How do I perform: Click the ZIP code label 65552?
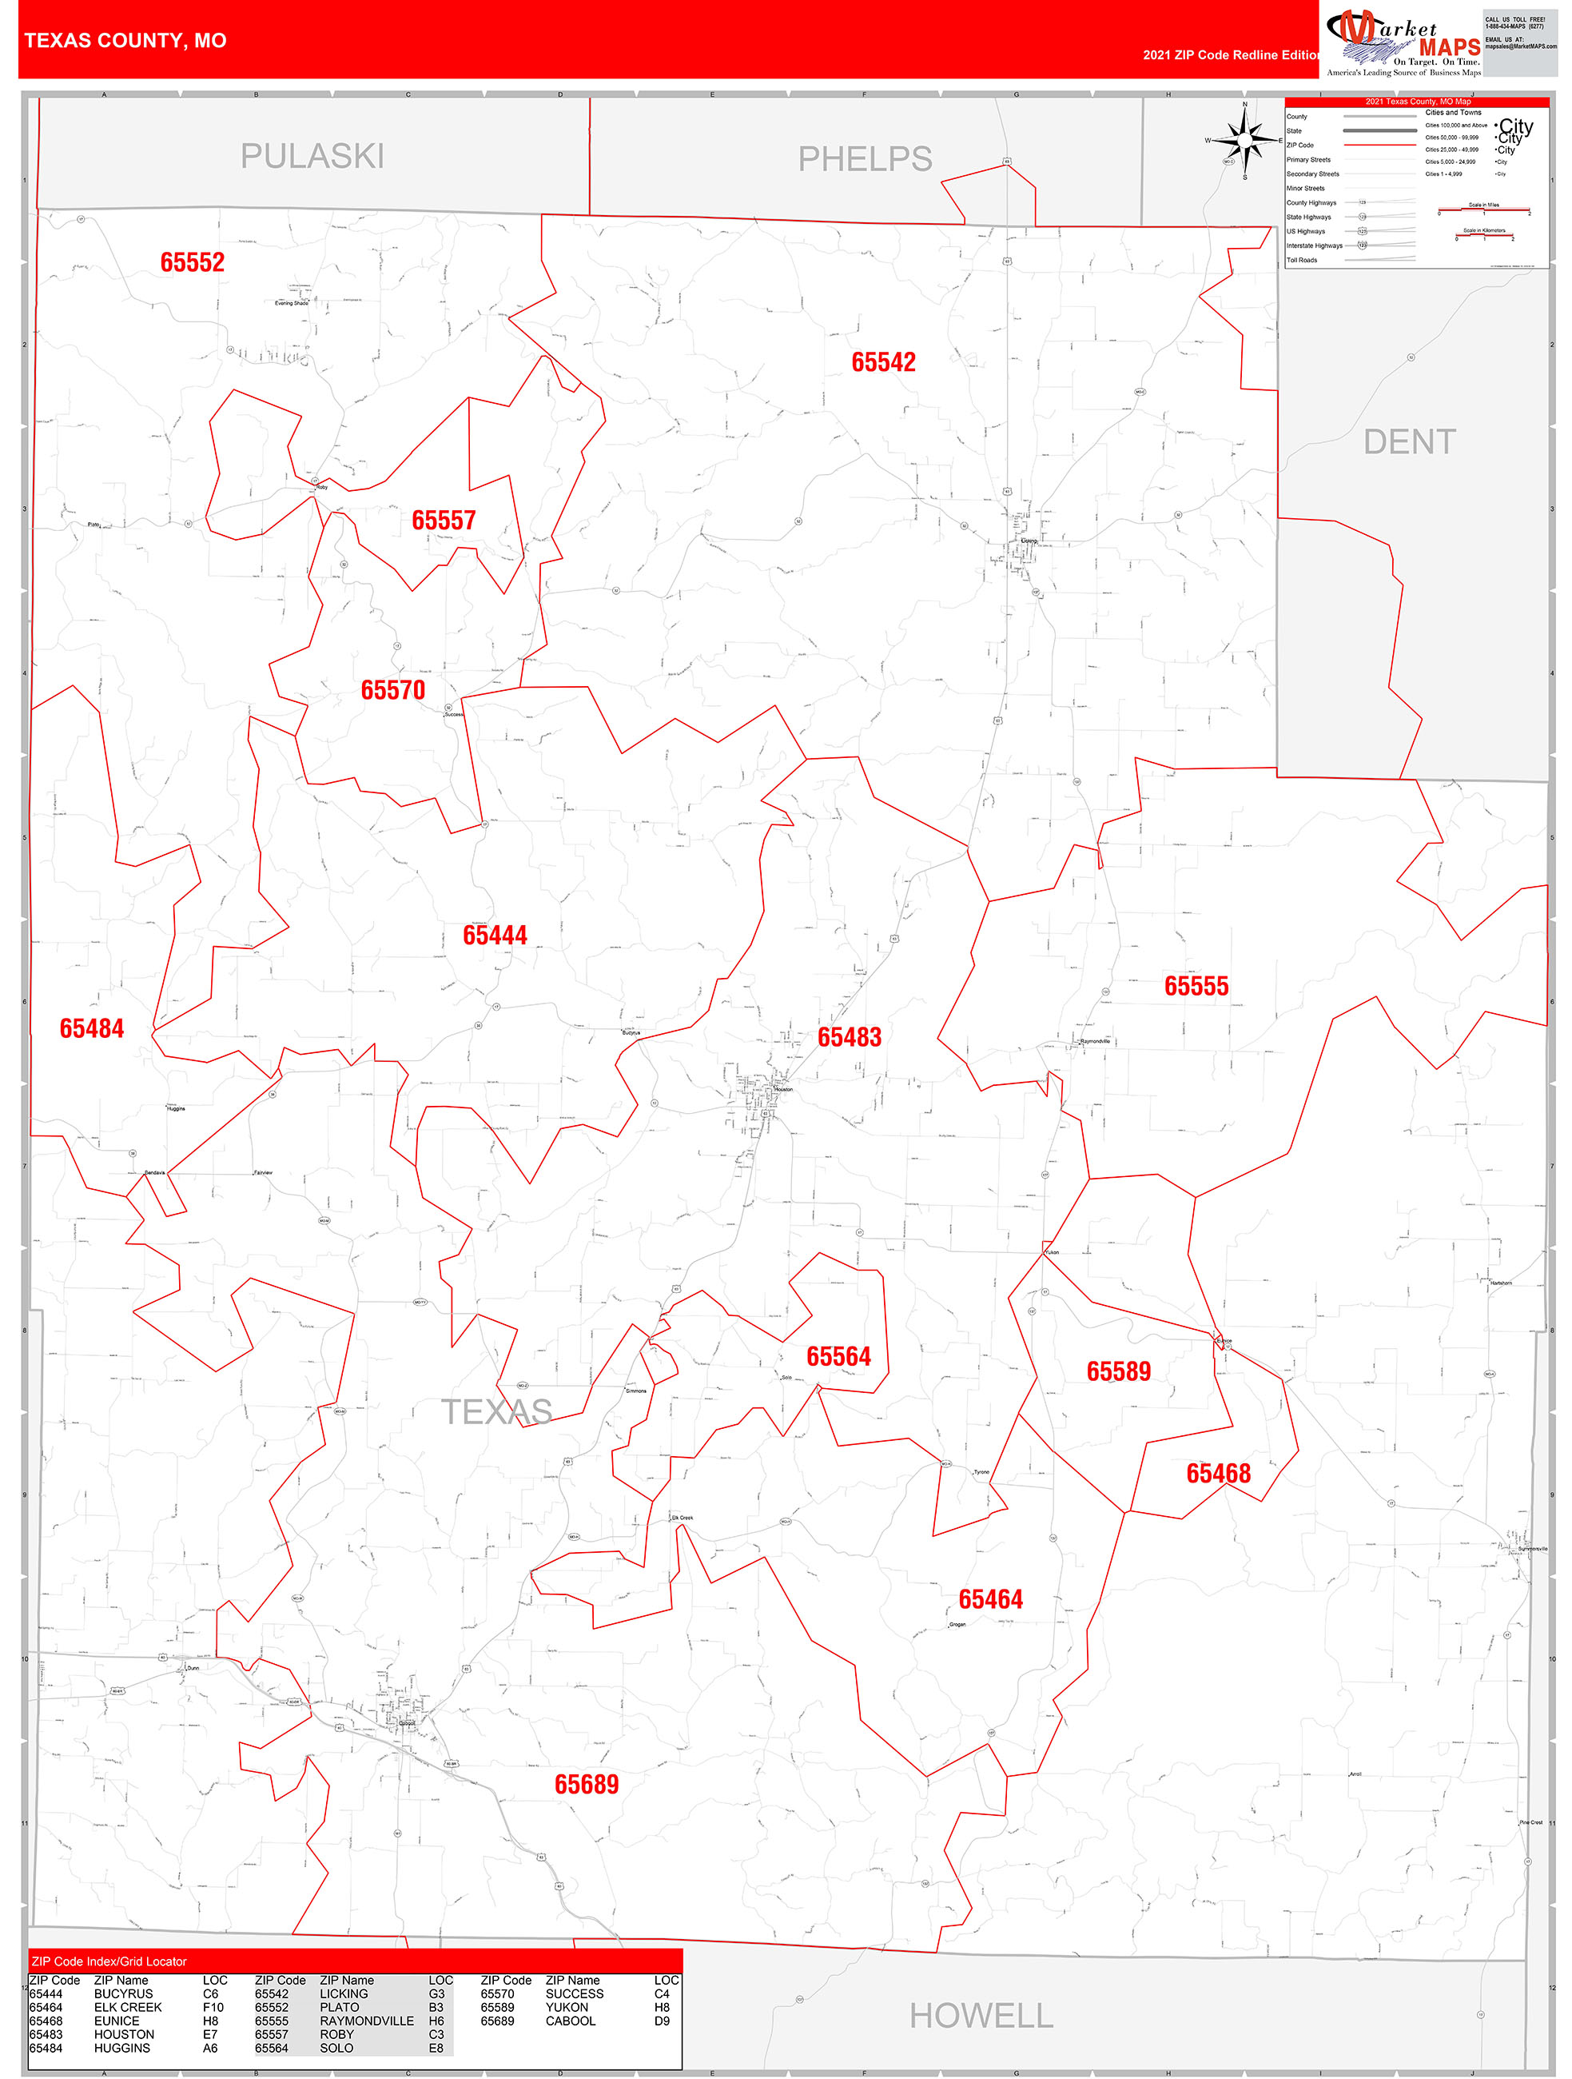193,262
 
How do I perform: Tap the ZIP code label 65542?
883,362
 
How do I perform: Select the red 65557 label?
444,520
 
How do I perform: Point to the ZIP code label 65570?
392,690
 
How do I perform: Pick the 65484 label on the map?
91,1028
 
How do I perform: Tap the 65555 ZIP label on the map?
1196,986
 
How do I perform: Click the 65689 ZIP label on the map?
587,1785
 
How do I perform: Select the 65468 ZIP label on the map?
1218,1474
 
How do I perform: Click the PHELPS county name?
865,159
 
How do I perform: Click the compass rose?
1245,141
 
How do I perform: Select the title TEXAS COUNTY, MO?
125,41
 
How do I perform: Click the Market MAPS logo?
1403,42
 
